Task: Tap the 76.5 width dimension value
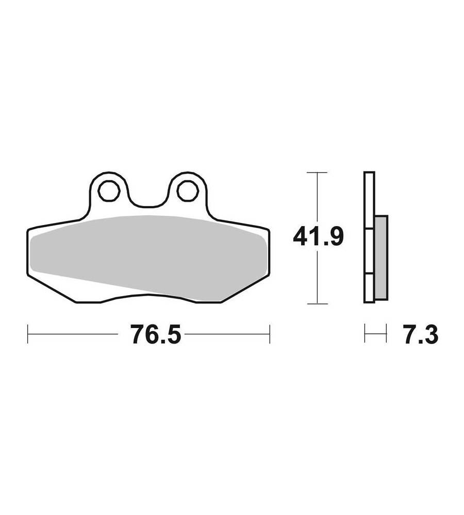(156, 334)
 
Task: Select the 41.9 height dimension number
(318, 237)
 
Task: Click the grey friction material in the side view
(381, 258)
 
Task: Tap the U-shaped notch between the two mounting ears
(148, 200)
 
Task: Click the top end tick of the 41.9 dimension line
(317, 173)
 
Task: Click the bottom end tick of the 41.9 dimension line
(317, 304)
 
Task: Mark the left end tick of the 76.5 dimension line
(28, 334)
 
